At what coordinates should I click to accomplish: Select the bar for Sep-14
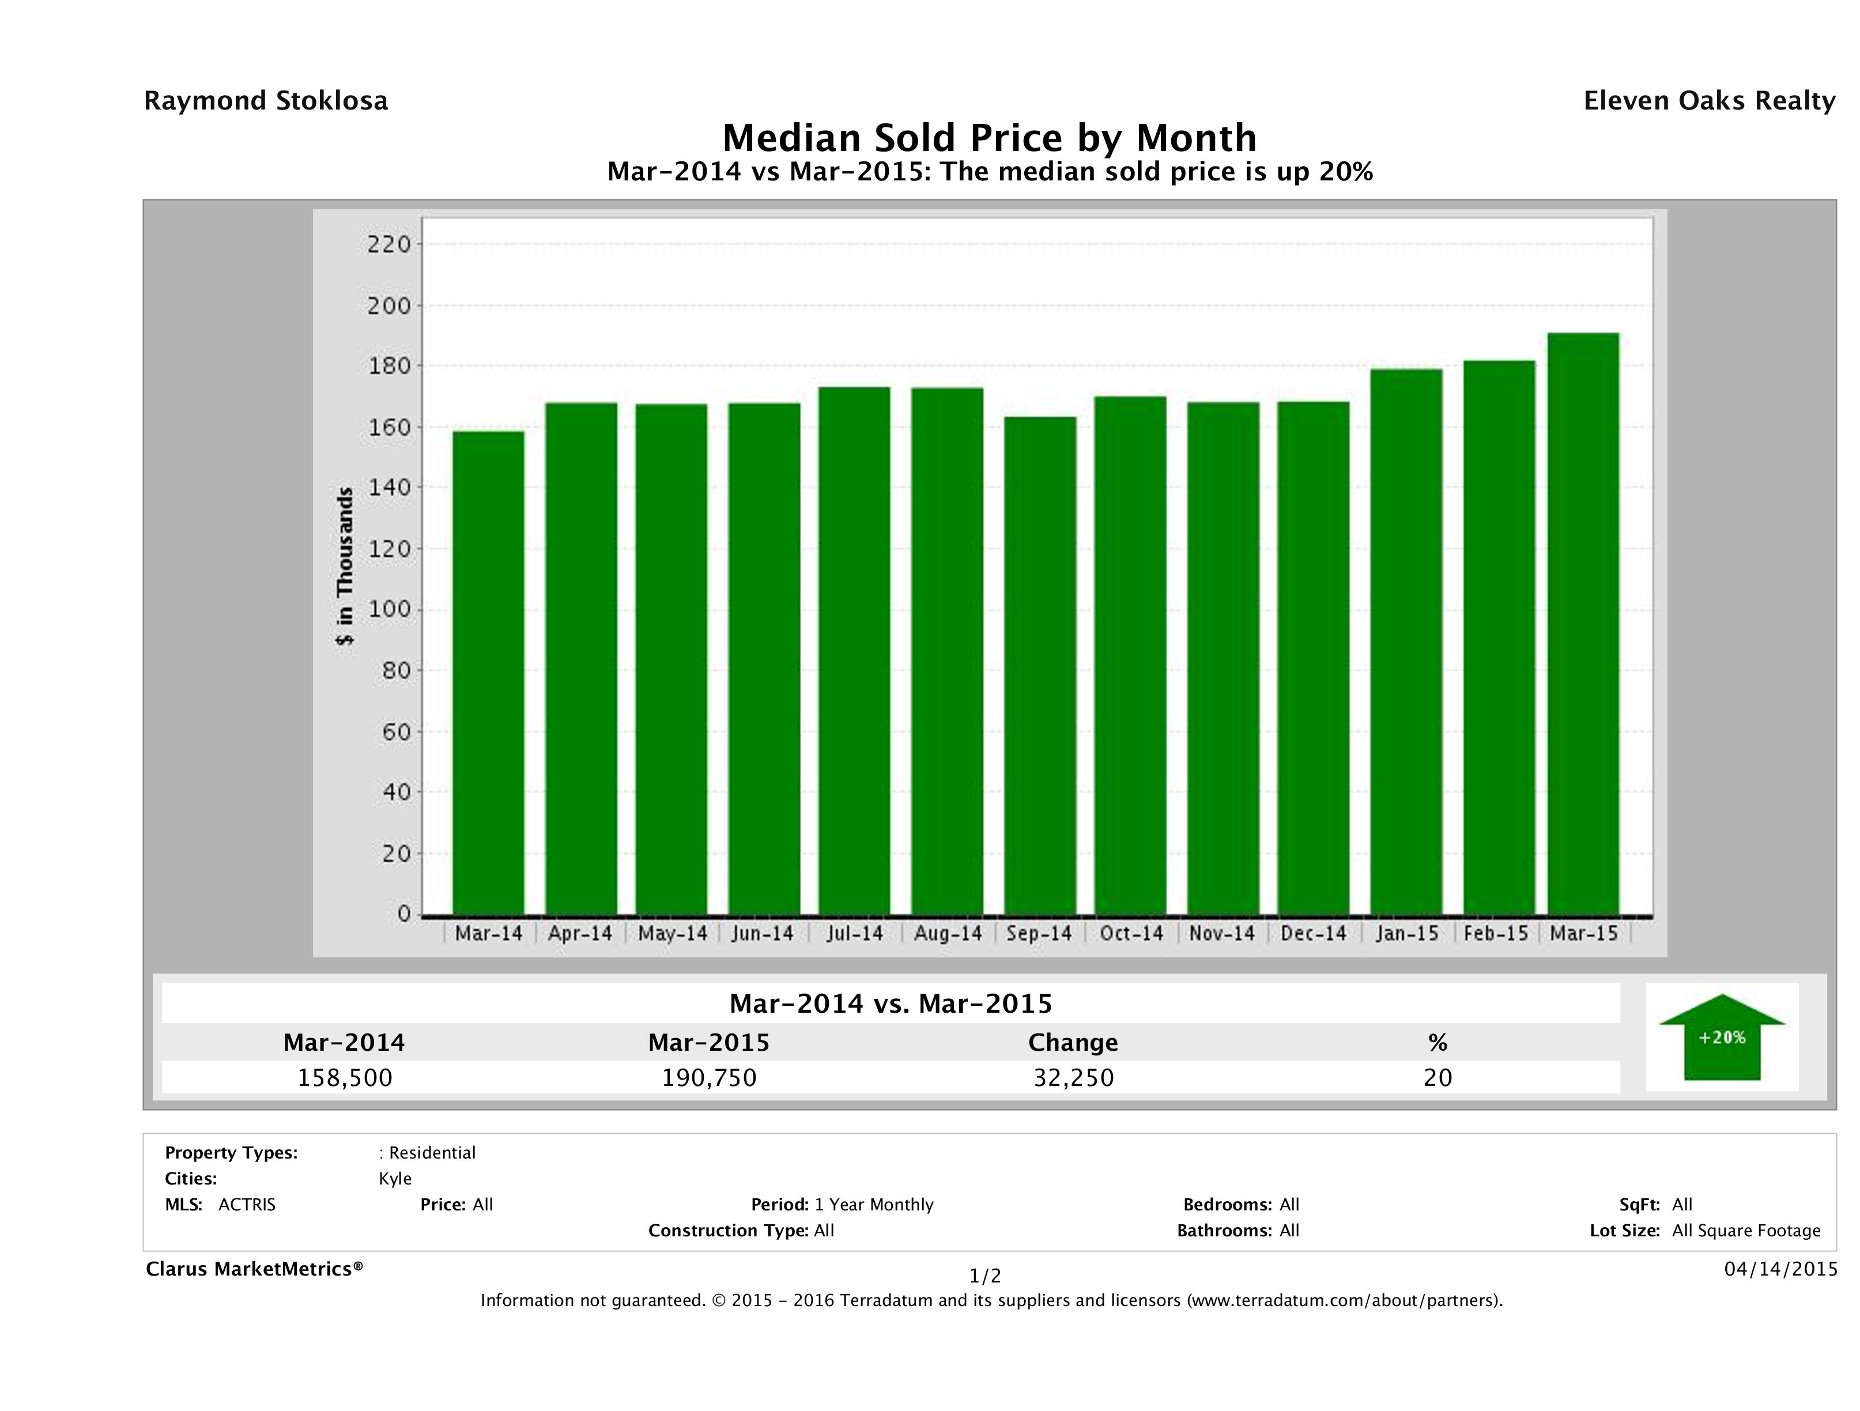click(1040, 665)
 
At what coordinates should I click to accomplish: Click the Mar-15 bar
click(1583, 623)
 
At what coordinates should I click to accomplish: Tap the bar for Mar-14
click(489, 673)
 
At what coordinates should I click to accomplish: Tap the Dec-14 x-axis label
click(1314, 933)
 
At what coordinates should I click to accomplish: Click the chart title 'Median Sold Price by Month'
click(990, 137)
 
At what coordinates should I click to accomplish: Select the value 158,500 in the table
click(345, 1078)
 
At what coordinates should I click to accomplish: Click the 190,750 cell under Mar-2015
click(709, 1078)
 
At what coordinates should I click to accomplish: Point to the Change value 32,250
click(1074, 1078)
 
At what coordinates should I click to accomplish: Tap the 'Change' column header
click(1073, 1043)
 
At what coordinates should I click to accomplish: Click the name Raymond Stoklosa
click(266, 101)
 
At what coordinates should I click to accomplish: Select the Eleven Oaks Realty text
click(1710, 101)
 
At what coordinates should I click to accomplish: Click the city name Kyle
click(395, 1179)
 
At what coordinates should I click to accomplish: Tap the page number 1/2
click(986, 1277)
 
